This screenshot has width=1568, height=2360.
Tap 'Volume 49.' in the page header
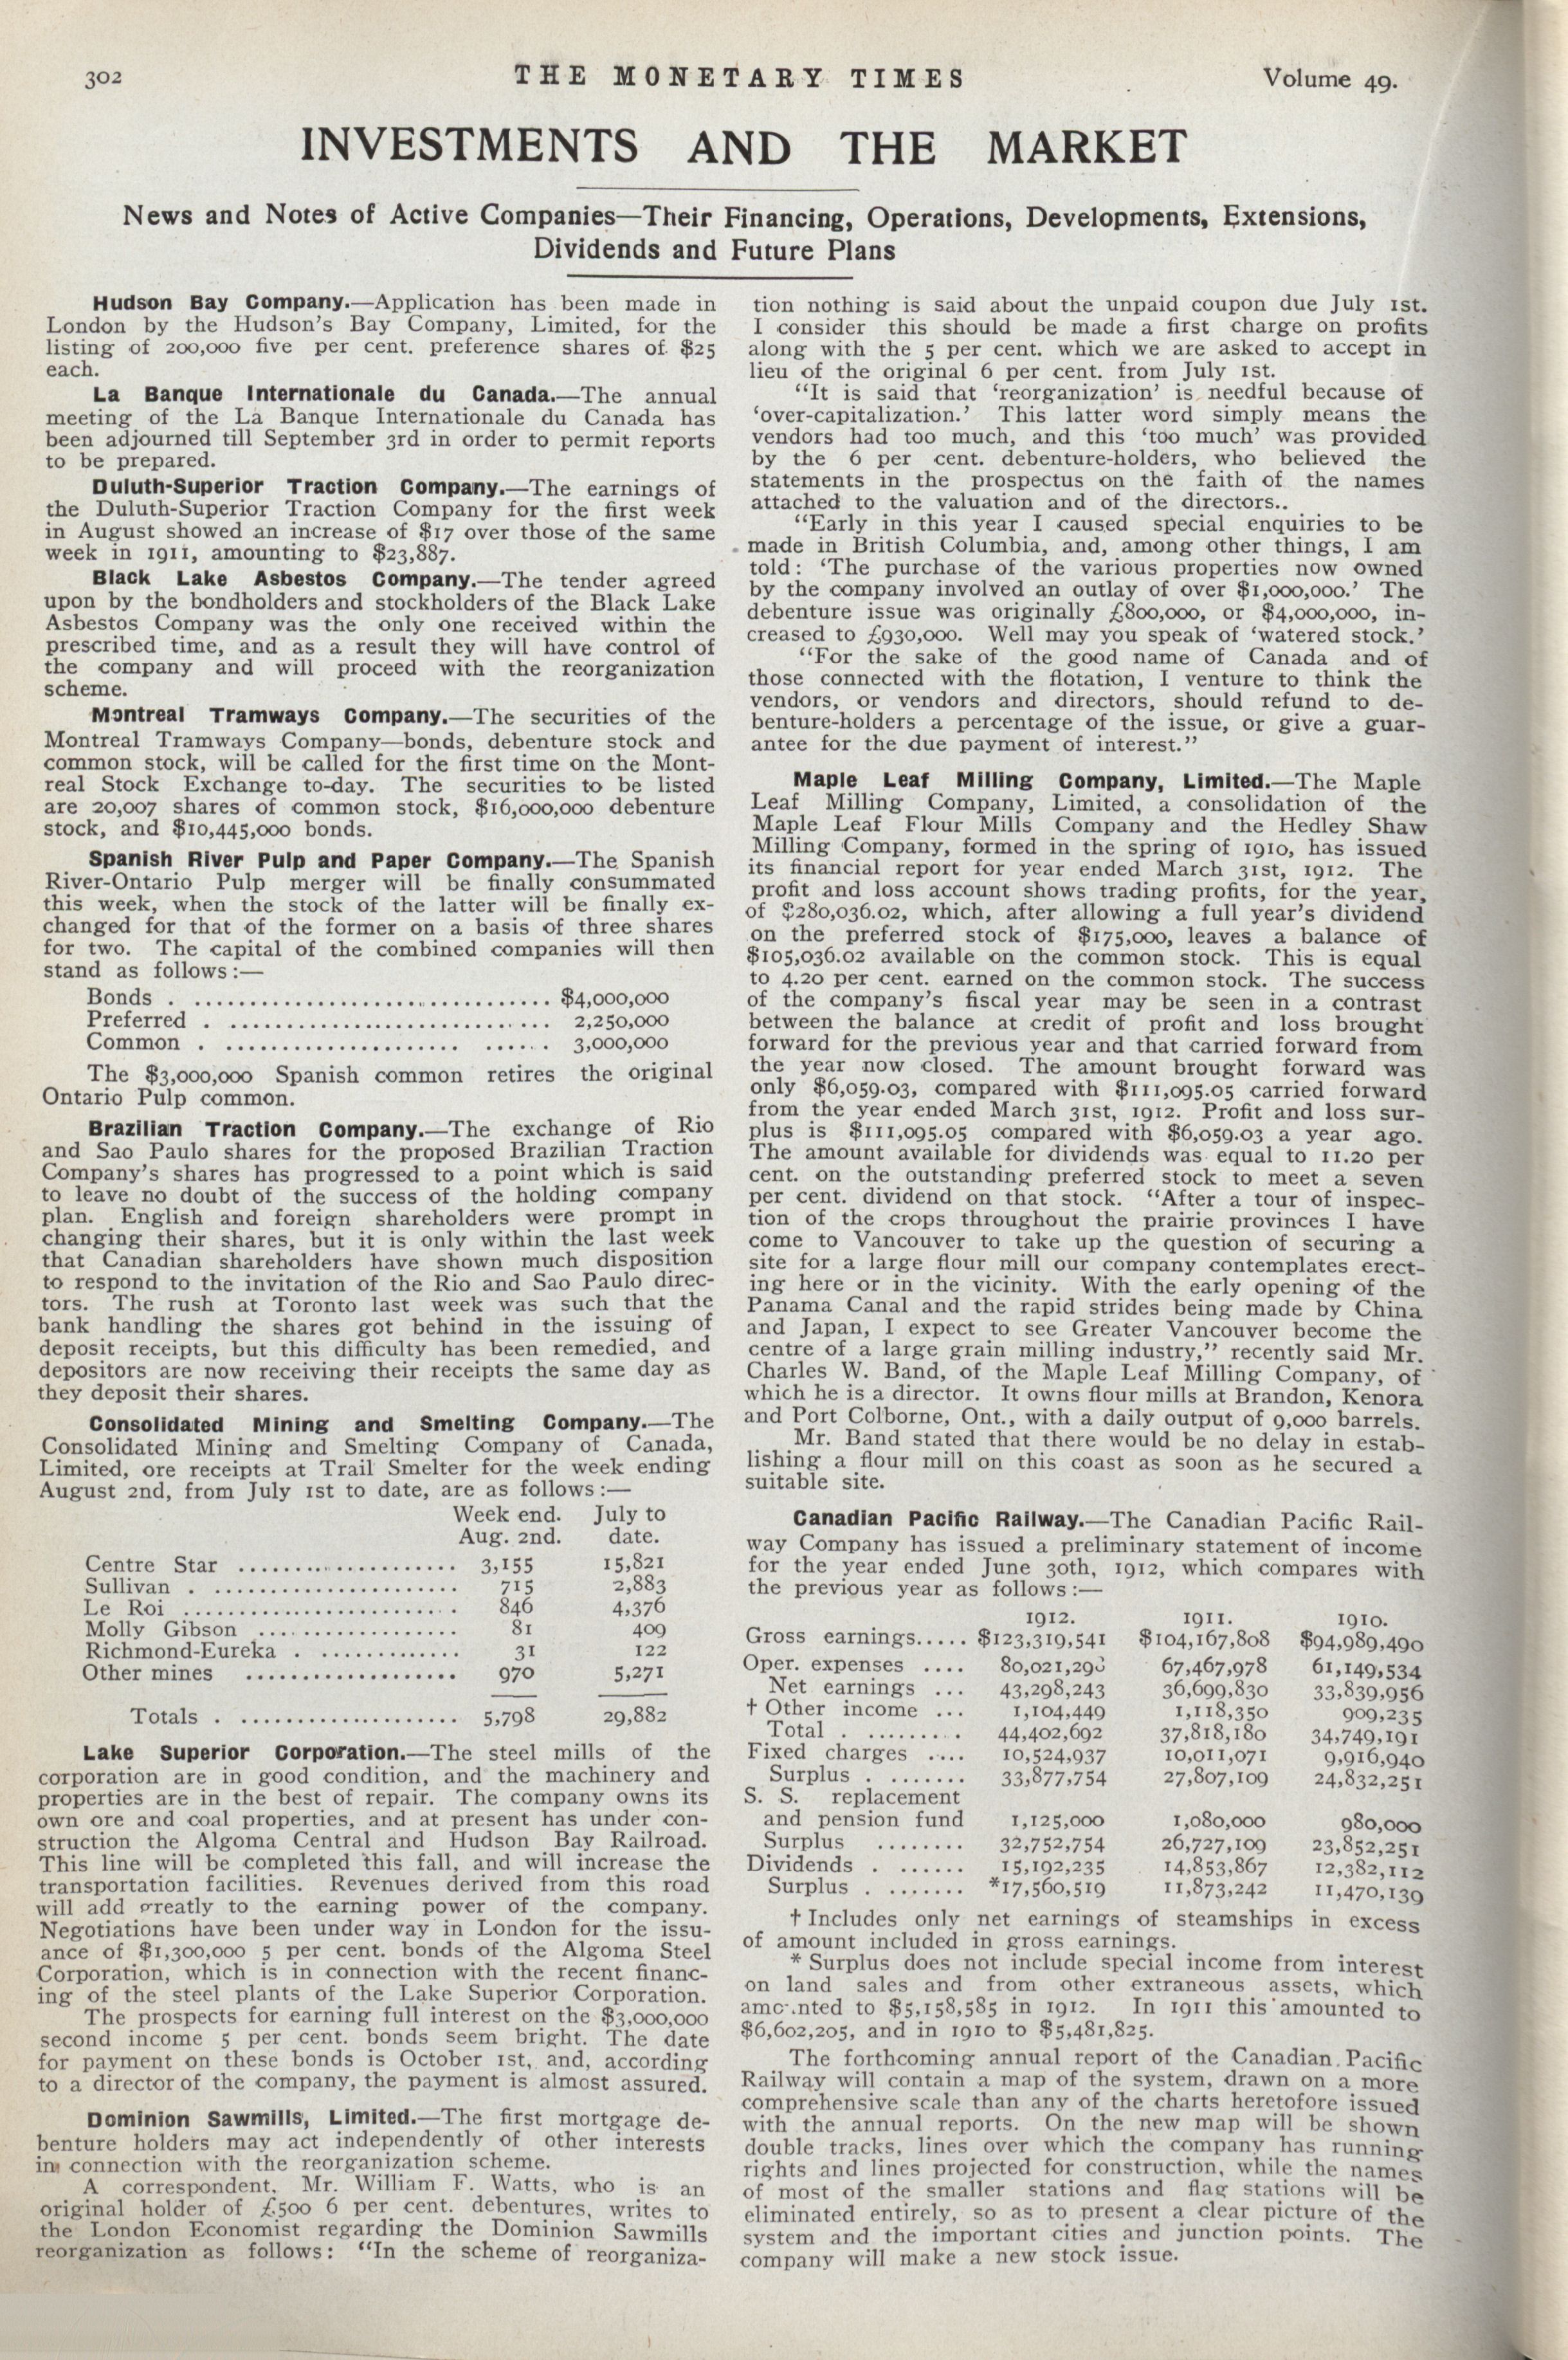[x=1328, y=80]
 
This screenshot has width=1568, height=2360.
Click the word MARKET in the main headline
[x=1086, y=147]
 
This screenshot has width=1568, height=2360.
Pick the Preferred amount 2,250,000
[x=621, y=1021]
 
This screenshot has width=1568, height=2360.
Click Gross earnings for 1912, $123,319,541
[x=1041, y=1639]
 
